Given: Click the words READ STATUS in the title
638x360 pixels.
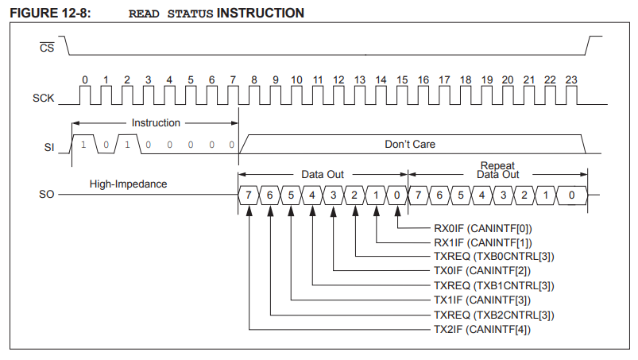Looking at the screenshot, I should (x=171, y=14).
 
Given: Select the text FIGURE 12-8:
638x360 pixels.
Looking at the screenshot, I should (x=48, y=14).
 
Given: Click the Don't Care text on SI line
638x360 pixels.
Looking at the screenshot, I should (x=410, y=145).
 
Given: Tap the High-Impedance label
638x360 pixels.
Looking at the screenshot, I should (x=127, y=184).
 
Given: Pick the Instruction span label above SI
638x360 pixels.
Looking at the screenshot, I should (x=156, y=123).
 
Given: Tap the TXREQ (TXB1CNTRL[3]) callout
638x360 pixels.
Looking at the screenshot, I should (x=493, y=285).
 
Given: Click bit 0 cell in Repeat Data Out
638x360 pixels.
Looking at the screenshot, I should (x=570, y=195).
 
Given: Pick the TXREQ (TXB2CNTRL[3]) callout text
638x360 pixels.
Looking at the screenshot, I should (x=493, y=315).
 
